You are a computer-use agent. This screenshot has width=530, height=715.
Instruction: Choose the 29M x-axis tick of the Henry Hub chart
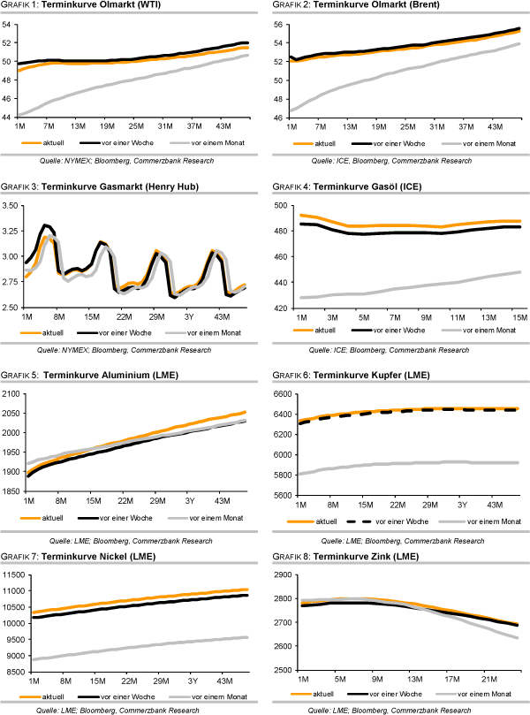coord(156,316)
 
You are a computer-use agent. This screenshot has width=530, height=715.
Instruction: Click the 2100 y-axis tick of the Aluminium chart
coord(11,393)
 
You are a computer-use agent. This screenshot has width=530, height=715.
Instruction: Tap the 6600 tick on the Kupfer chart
coord(280,393)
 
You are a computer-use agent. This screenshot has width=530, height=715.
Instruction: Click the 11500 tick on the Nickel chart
coord(13,576)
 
